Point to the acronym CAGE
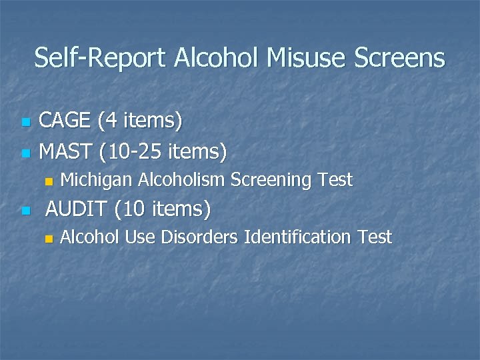pos(66,121)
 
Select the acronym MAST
pos(66,151)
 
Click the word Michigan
pos(97,180)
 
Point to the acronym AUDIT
pos(75,209)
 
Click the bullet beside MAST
pos(25,153)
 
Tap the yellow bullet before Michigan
pos(47,181)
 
